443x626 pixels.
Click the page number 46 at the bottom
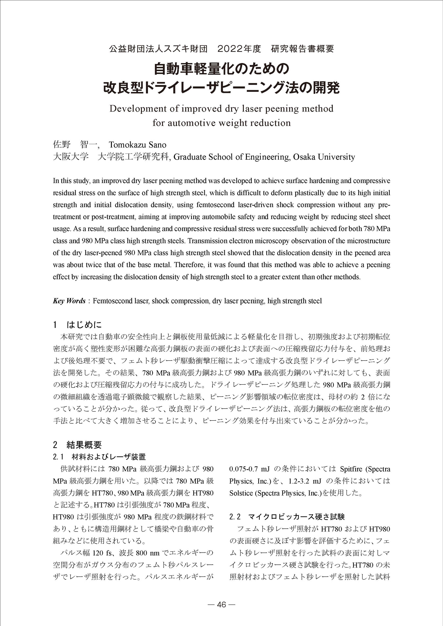[x=221, y=604]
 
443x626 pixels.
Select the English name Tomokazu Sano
[x=137, y=145]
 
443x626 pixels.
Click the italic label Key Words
[x=69, y=301]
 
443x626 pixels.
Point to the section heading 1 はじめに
[x=77, y=325]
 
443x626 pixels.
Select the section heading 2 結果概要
[x=77, y=445]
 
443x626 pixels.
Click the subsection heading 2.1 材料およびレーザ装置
[x=99, y=457]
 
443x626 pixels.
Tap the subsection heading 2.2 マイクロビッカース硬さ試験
[x=287, y=517]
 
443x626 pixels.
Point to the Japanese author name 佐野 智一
[x=75, y=145]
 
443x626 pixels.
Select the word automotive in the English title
[x=189, y=123]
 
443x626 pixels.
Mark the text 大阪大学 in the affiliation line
[x=71, y=157]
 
